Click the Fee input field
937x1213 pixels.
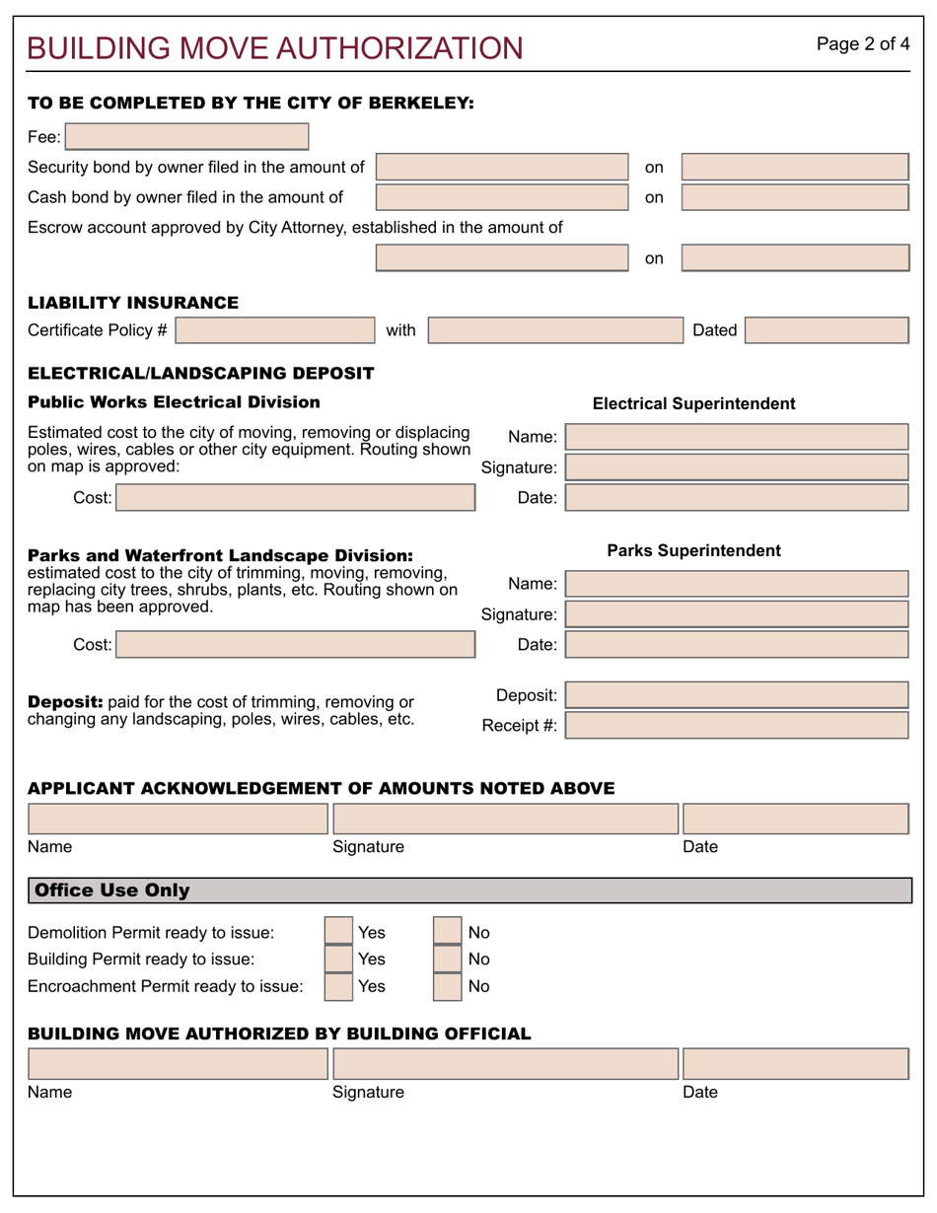[186, 136]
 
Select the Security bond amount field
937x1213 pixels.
[502, 167]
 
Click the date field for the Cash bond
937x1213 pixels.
[795, 197]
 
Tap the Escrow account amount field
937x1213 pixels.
[502, 258]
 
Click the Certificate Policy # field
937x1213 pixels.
[275, 330]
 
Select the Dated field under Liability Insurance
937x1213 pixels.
[827, 330]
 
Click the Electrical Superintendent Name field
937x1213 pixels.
[736, 437]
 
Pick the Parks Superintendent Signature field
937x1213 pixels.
[736, 615]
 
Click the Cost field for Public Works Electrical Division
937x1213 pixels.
[296, 498]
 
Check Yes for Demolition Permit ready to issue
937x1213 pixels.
[339, 932]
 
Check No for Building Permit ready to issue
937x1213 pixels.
[448, 959]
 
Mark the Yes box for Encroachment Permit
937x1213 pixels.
[339, 985]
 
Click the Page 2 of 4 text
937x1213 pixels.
[863, 43]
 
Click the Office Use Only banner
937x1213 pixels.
[469, 891]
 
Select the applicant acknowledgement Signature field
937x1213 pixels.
[506, 819]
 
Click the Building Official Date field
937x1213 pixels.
[795, 1064]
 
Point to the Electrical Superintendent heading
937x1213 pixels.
[693, 403]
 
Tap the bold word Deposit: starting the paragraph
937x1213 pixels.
[65, 702]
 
